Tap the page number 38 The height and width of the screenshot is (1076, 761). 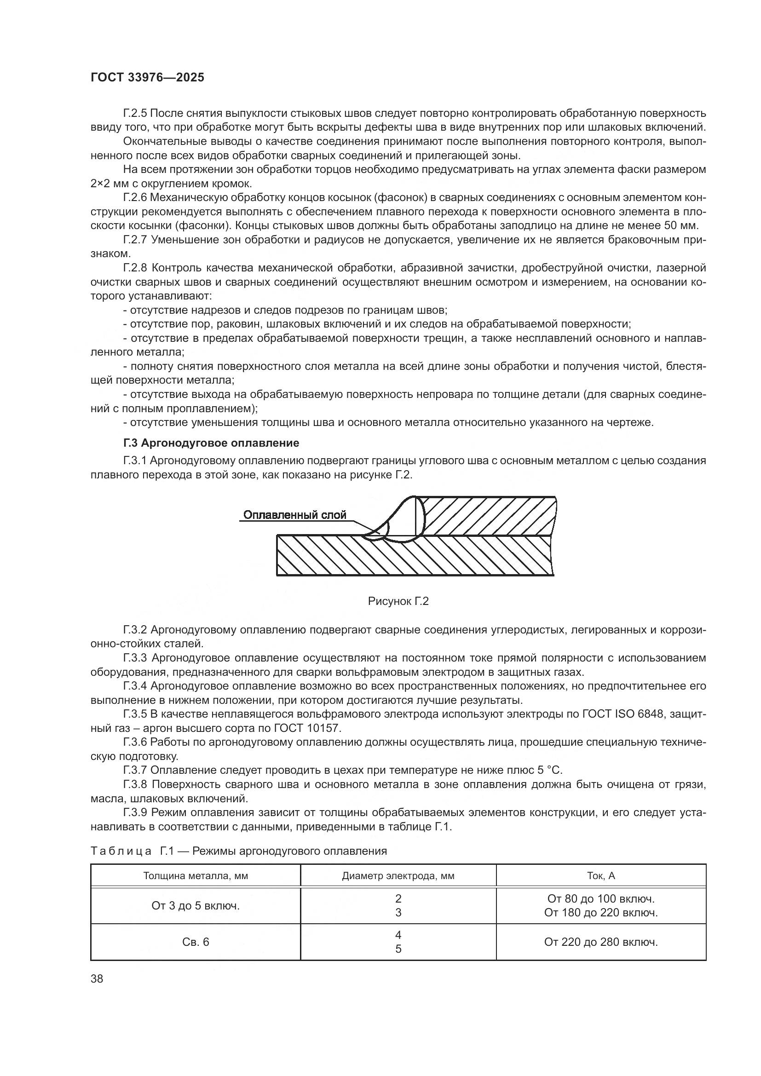point(97,979)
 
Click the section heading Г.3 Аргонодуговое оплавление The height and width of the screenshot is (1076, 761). point(211,443)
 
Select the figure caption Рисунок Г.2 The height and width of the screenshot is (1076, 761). point(398,601)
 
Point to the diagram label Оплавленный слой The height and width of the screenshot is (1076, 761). point(295,515)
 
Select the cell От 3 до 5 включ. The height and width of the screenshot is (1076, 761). point(196,906)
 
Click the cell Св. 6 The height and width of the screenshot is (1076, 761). point(196,942)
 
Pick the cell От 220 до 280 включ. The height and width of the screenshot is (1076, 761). point(601,942)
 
